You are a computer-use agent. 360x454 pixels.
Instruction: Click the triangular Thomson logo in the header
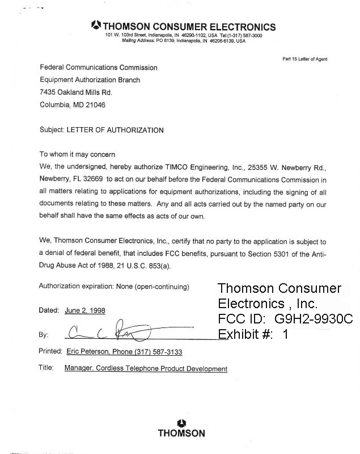click(x=96, y=25)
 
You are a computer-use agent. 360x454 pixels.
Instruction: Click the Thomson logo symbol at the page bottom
click(x=181, y=422)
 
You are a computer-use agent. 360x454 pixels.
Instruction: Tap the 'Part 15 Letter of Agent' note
click(x=304, y=59)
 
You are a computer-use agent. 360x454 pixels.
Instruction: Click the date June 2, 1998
click(x=84, y=310)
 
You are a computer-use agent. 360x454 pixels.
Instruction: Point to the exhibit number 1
click(x=286, y=334)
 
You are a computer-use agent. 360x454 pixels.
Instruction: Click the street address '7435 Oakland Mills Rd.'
click(x=76, y=93)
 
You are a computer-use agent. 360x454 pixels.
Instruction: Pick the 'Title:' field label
click(x=46, y=368)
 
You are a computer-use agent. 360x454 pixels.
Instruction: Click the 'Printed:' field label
click(x=50, y=351)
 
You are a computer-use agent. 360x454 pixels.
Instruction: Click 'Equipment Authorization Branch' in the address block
click(x=90, y=80)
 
